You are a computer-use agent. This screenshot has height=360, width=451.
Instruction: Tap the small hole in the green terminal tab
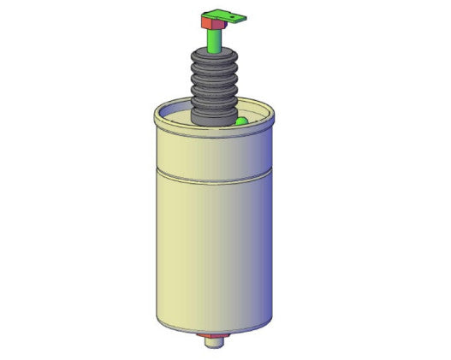click(239, 15)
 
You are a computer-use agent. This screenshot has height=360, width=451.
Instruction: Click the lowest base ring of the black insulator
click(213, 121)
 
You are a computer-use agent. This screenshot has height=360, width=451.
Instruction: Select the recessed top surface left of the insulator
click(175, 115)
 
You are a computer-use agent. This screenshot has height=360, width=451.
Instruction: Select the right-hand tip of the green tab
click(244, 15)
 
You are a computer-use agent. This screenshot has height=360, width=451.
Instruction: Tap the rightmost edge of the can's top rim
click(274, 114)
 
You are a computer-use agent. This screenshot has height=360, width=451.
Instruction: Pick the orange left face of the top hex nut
click(205, 20)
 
